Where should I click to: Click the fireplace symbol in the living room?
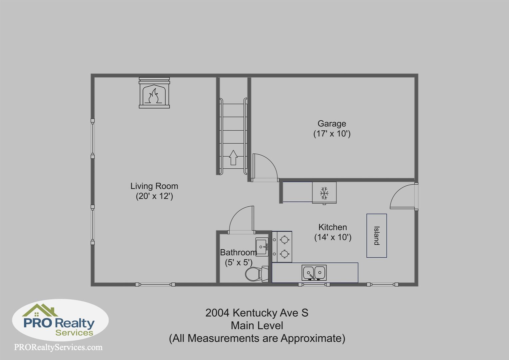[154, 93]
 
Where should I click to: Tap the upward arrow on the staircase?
[233, 157]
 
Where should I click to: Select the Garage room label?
[332, 123]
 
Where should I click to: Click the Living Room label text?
[154, 186]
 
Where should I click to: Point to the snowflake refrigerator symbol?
[324, 193]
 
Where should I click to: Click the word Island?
[376, 236]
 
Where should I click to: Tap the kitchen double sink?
[314, 272]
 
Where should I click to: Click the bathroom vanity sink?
[262, 247]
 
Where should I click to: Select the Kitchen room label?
[333, 227]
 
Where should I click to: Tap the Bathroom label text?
[239, 252]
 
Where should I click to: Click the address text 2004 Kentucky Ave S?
[257, 313]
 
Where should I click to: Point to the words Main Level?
[257, 325]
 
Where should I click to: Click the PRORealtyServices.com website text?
[58, 347]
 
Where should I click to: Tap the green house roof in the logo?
[40, 310]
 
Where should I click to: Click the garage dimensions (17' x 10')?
[332, 133]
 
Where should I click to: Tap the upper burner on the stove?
[284, 240]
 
